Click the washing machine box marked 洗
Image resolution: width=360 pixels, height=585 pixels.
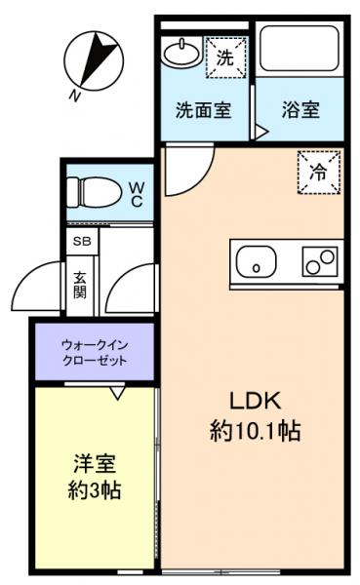(224, 58)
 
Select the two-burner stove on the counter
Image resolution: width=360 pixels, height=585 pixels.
(318, 260)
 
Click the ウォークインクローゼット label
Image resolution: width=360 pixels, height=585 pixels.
(95, 352)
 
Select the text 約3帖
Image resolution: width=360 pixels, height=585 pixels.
(95, 489)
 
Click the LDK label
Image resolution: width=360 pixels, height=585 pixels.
(255, 401)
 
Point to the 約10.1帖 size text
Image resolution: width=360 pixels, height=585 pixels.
(255, 430)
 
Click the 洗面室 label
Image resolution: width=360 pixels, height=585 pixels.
(203, 109)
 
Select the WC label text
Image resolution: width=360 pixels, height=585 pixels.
(137, 192)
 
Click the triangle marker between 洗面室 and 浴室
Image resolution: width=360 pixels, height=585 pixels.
(260, 130)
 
